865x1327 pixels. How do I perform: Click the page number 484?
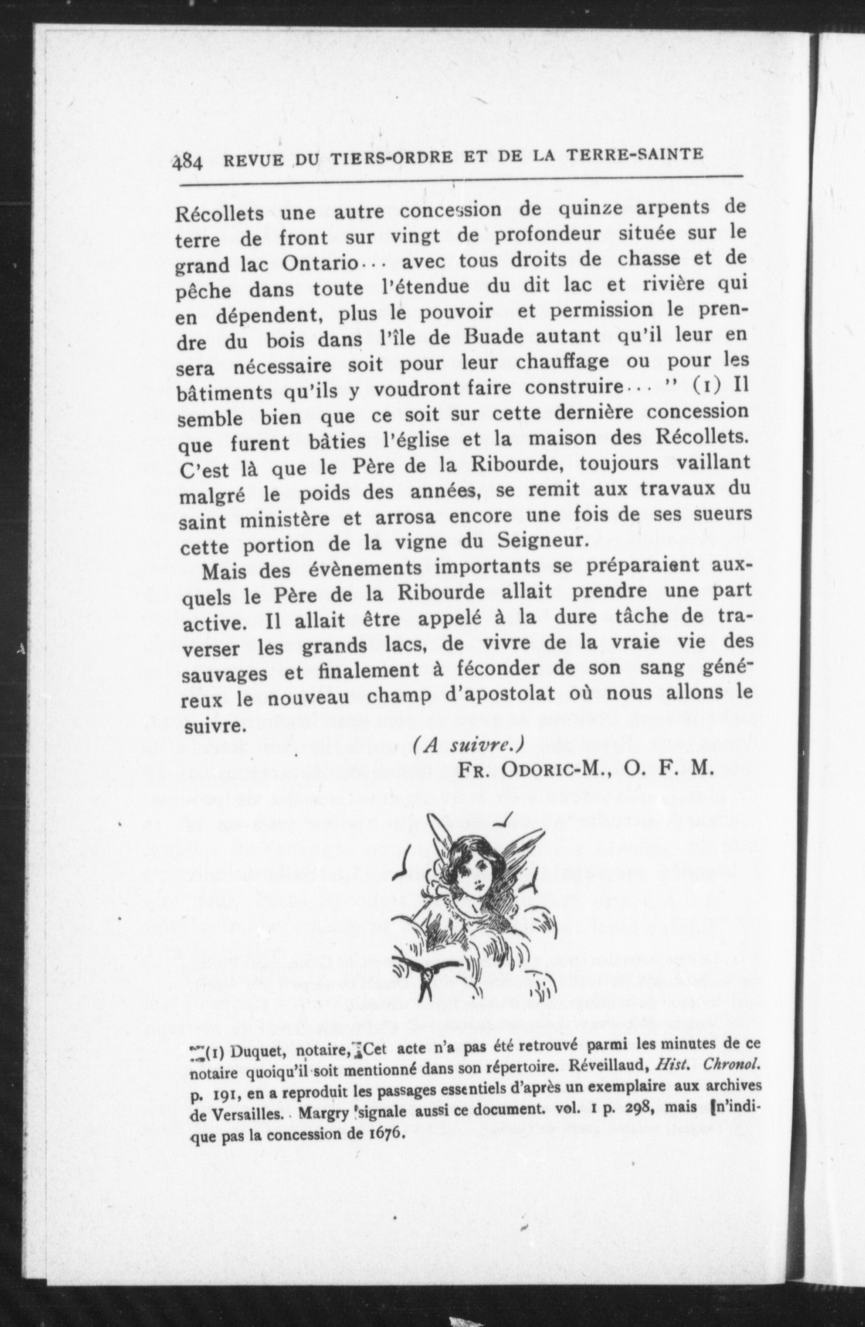coord(188,162)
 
